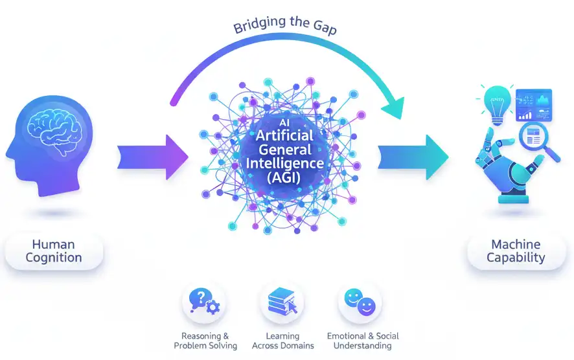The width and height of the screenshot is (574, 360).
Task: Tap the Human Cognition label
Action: click(54, 251)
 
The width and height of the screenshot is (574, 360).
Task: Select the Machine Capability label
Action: click(516, 251)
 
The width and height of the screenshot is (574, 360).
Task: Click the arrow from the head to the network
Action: click(153, 157)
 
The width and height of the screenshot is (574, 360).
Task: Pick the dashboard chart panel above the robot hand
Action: click(533, 106)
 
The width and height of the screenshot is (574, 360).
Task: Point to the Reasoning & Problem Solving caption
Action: click(205, 341)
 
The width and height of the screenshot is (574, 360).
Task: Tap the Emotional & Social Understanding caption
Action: click(363, 341)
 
